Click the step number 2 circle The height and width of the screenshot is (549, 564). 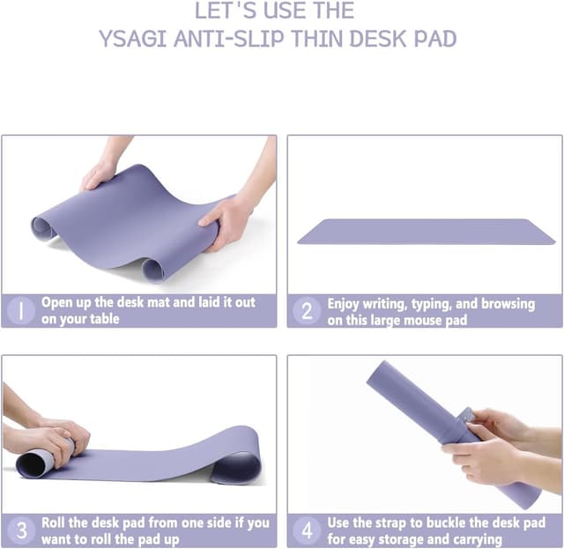(307, 310)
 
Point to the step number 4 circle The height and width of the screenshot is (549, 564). (307, 530)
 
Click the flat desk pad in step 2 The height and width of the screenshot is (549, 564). (426, 232)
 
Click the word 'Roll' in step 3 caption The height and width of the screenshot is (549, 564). (55, 523)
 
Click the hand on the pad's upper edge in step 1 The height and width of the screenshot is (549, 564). (99, 174)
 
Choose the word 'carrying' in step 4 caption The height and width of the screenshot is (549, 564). (472, 539)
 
